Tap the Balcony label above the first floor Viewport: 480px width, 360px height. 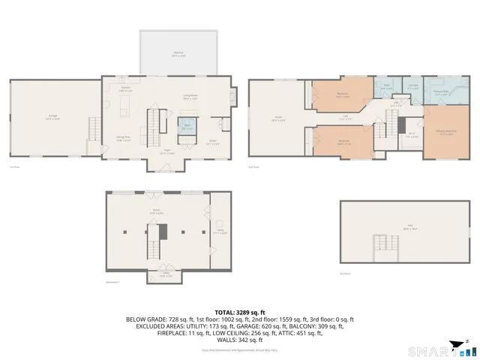click(x=178, y=54)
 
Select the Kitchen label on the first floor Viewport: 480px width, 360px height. click(x=125, y=88)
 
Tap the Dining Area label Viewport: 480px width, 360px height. click(x=123, y=138)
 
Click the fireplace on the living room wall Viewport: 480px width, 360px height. click(x=234, y=97)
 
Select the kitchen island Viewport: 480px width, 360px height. click(x=126, y=101)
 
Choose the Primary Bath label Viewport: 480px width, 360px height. click(x=442, y=94)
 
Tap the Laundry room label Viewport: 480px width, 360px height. click(x=413, y=85)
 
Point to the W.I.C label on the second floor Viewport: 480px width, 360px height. click(x=412, y=135)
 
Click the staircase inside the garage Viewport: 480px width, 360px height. click(x=94, y=128)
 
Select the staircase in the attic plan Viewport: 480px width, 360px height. click(x=383, y=244)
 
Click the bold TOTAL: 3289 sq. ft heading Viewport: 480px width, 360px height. click(x=240, y=311)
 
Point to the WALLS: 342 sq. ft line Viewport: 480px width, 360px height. click(x=240, y=340)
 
